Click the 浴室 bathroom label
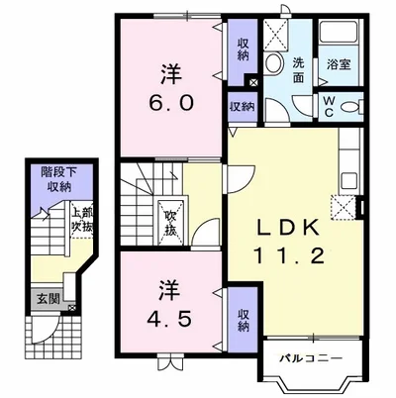click(339, 64)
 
